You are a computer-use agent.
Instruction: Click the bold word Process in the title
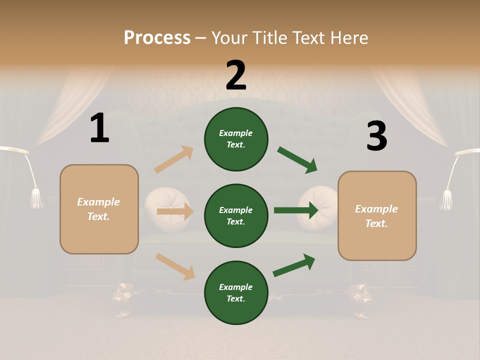(x=157, y=38)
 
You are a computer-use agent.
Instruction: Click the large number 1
(x=99, y=128)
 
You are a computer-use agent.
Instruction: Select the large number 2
(x=236, y=75)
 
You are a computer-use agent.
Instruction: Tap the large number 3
(x=376, y=136)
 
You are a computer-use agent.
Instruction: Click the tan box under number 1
(x=99, y=209)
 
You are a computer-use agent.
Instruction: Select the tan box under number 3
(x=377, y=216)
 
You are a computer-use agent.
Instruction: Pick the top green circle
(x=236, y=139)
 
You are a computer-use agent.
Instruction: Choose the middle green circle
(x=236, y=215)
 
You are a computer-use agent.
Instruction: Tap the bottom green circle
(x=236, y=292)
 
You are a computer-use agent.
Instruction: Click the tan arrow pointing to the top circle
(x=174, y=159)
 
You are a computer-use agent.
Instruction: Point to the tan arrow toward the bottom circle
(x=175, y=266)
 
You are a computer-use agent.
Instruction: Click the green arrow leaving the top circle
(x=297, y=160)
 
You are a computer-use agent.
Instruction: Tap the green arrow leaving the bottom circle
(x=294, y=265)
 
